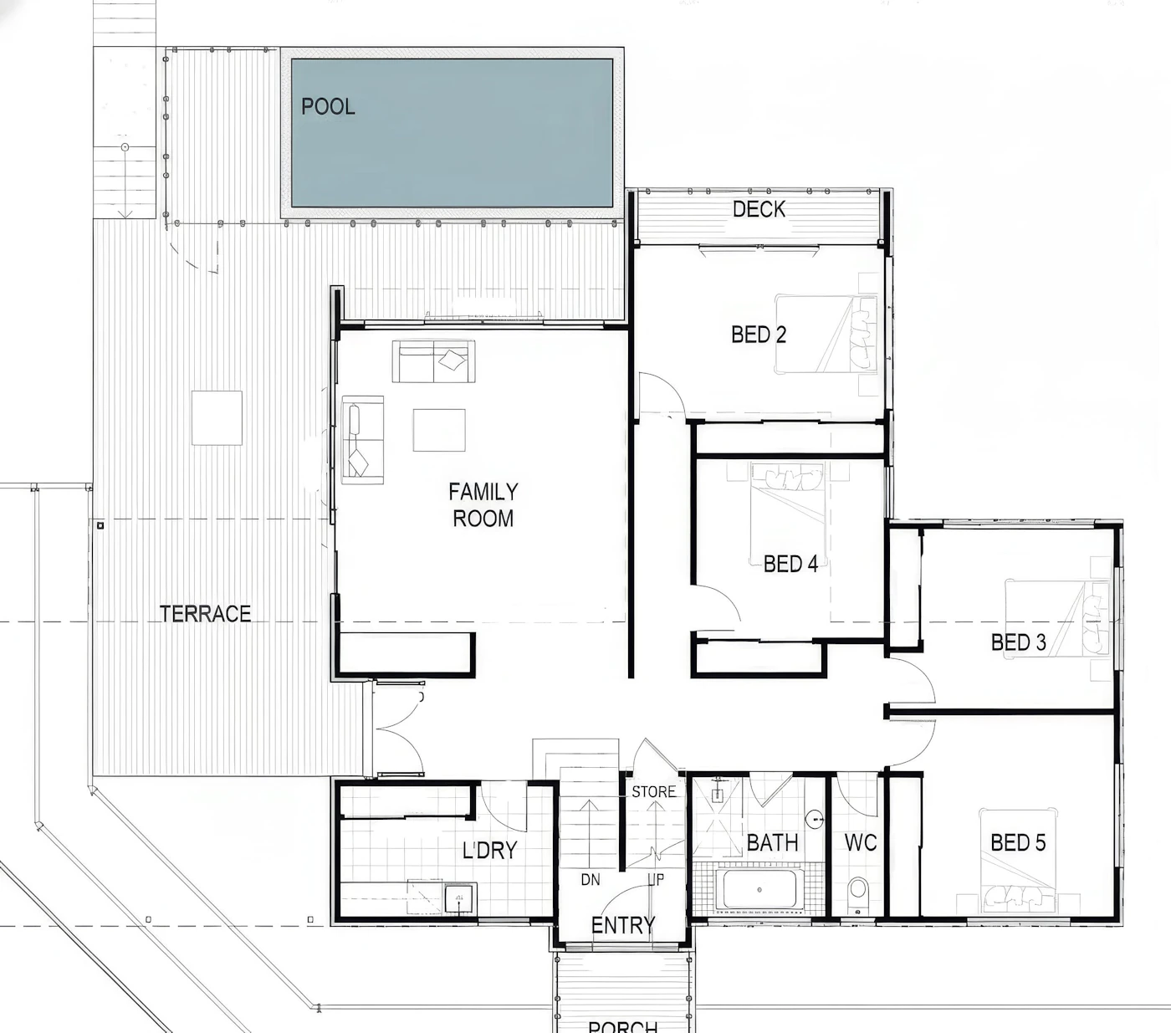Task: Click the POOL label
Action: click(x=328, y=106)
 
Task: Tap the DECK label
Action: click(x=759, y=209)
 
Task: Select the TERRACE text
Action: click(x=205, y=613)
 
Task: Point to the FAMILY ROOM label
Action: click(x=483, y=505)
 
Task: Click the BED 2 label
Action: click(x=759, y=334)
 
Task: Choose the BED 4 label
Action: click(x=790, y=564)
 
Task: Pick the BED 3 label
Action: click(x=1019, y=642)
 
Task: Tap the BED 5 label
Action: click(x=1018, y=842)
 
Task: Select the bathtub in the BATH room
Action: click(x=759, y=890)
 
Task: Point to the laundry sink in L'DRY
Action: click(x=460, y=898)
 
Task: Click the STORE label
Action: click(x=653, y=791)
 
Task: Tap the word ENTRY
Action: click(x=623, y=925)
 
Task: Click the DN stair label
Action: click(x=591, y=879)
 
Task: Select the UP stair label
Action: click(x=656, y=879)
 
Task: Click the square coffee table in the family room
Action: click(x=438, y=430)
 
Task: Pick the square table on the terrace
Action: click(x=217, y=418)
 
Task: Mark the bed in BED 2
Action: click(x=826, y=334)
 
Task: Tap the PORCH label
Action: click(x=623, y=1026)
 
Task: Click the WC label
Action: click(x=861, y=842)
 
